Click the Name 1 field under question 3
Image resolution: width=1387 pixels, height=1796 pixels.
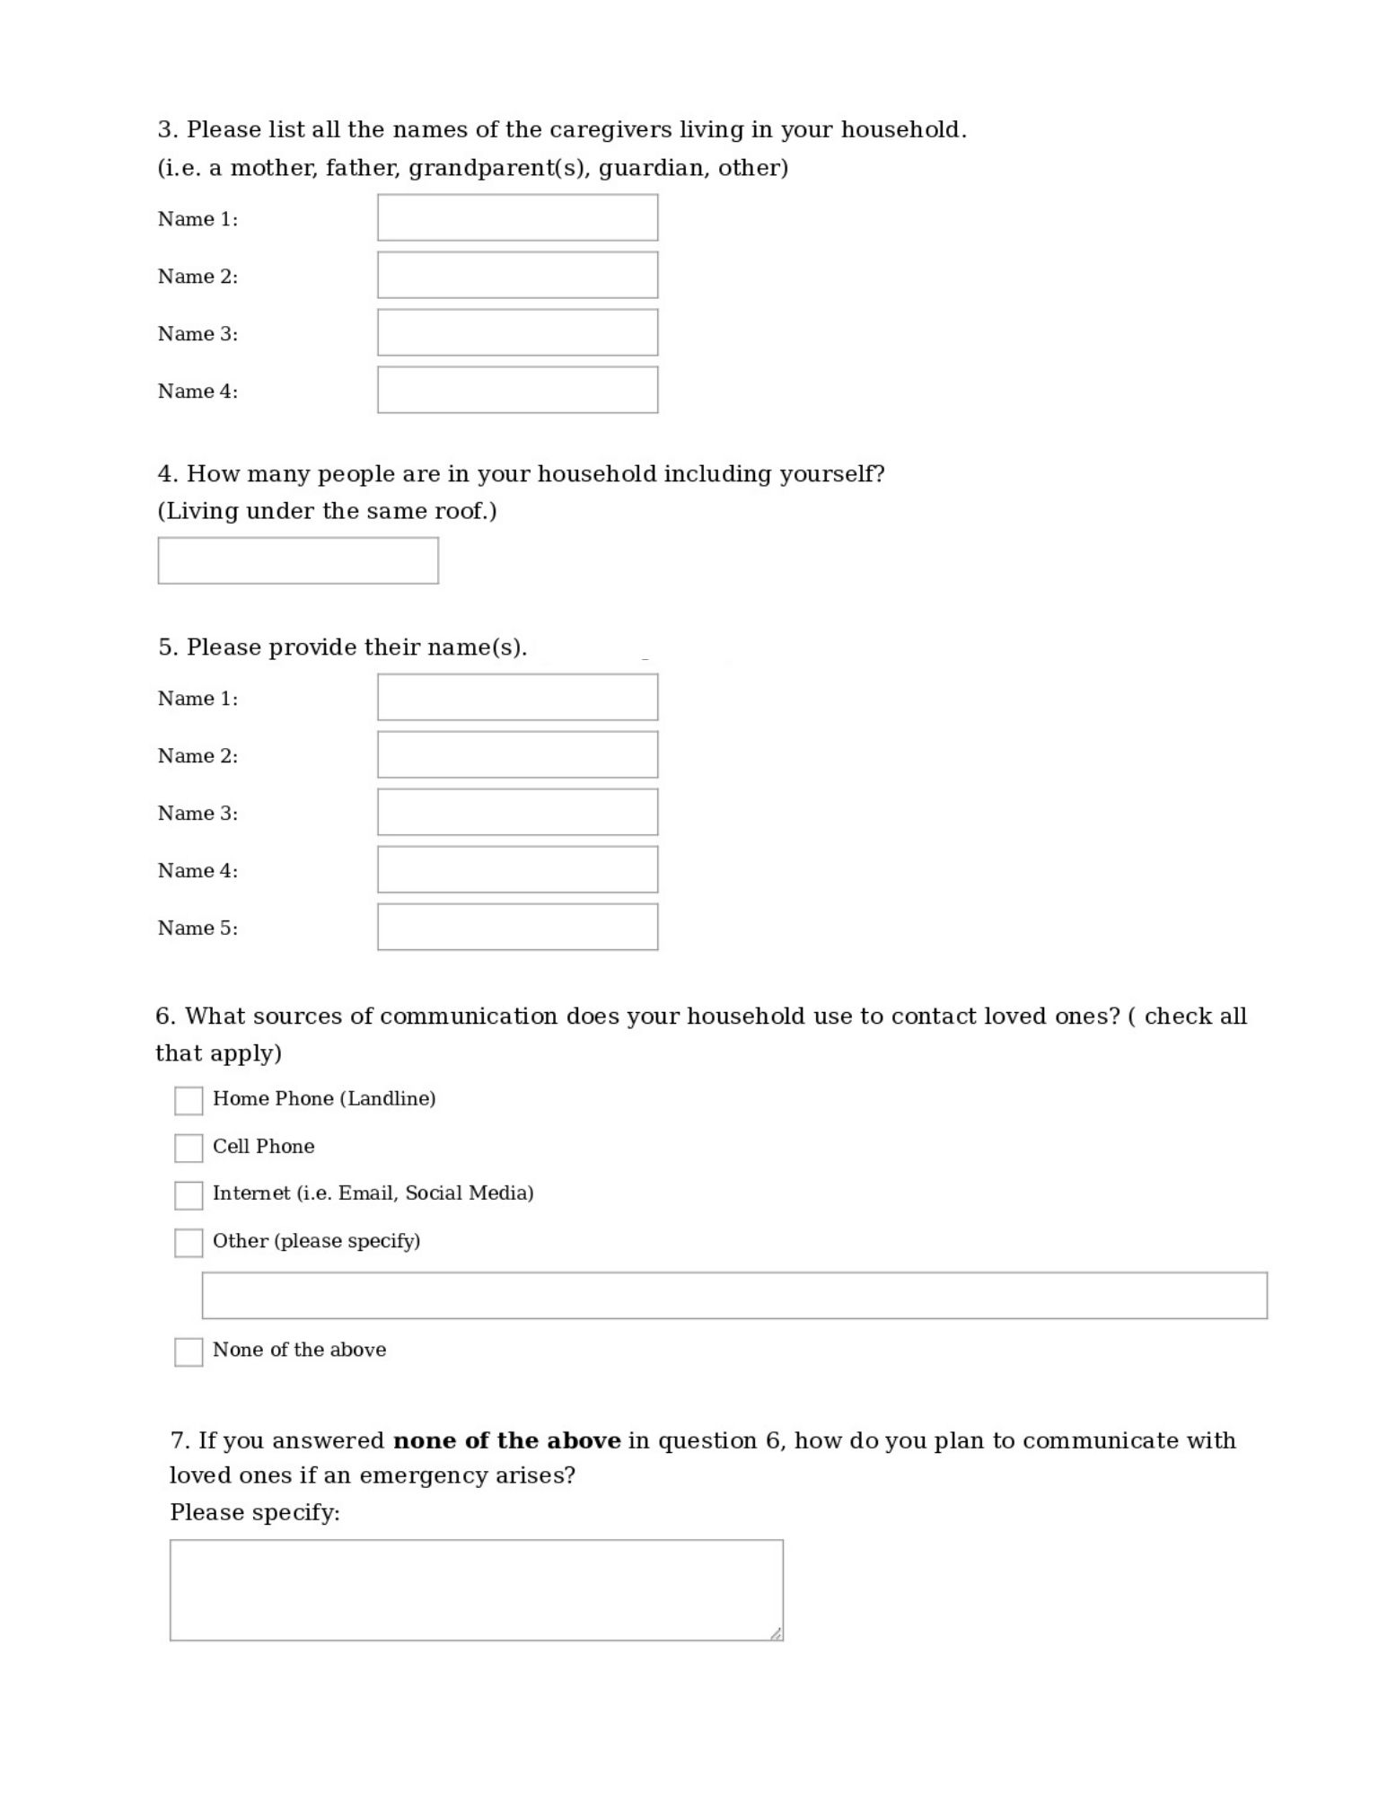(517, 217)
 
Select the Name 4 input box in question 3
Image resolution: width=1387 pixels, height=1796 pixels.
(517, 390)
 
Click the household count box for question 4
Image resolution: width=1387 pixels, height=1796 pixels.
(298, 560)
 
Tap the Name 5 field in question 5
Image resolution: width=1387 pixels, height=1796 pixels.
(517, 927)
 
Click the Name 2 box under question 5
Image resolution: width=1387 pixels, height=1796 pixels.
(517, 754)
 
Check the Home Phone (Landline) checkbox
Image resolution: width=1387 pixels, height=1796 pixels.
(189, 1100)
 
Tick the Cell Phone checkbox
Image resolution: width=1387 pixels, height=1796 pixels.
(189, 1148)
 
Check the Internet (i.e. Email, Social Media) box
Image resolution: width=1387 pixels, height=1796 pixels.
(189, 1195)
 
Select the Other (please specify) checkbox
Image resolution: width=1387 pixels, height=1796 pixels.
(189, 1243)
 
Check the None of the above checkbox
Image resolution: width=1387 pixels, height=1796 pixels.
(189, 1351)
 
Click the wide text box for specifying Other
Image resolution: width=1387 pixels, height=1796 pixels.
(734, 1295)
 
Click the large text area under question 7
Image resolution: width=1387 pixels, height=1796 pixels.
(476, 1589)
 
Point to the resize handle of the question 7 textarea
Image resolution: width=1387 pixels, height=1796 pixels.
(776, 1633)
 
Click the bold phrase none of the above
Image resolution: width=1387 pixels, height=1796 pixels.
(507, 1441)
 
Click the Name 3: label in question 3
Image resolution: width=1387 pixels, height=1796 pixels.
(198, 334)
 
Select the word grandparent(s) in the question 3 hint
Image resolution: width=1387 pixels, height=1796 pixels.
(499, 168)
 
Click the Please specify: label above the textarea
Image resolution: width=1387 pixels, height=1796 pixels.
(255, 1513)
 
